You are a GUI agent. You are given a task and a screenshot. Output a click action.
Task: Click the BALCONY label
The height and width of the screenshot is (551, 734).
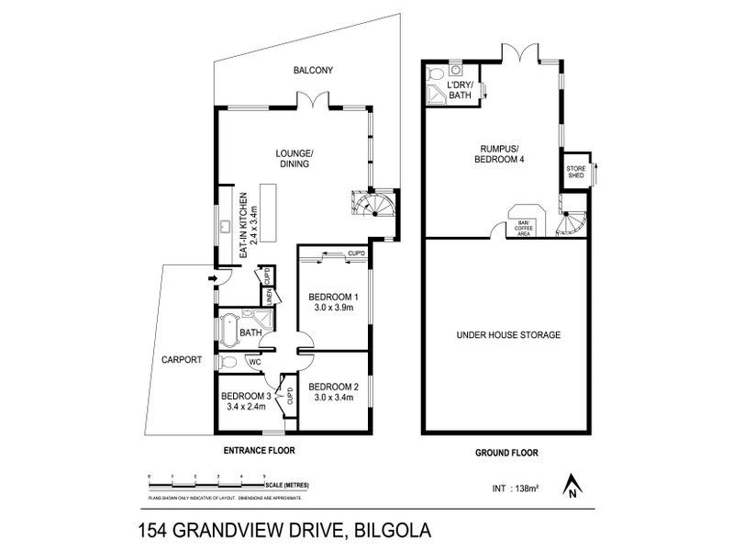312,70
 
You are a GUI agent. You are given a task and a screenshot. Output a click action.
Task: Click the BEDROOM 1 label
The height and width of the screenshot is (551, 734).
332,297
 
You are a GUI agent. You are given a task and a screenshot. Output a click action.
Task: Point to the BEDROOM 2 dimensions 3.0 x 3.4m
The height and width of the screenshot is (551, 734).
332,398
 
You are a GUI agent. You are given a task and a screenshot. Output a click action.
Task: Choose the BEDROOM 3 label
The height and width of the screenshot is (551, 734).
246,396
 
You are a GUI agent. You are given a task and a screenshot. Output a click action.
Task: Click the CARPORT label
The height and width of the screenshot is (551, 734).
181,360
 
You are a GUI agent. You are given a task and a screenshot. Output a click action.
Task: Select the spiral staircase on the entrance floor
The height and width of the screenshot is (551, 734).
378,207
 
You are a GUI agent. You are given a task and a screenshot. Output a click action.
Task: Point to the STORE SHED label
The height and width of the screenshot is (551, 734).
576,173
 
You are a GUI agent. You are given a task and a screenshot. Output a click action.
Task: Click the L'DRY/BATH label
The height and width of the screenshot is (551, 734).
459,90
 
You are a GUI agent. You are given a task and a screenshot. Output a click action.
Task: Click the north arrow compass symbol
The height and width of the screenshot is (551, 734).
572,486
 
